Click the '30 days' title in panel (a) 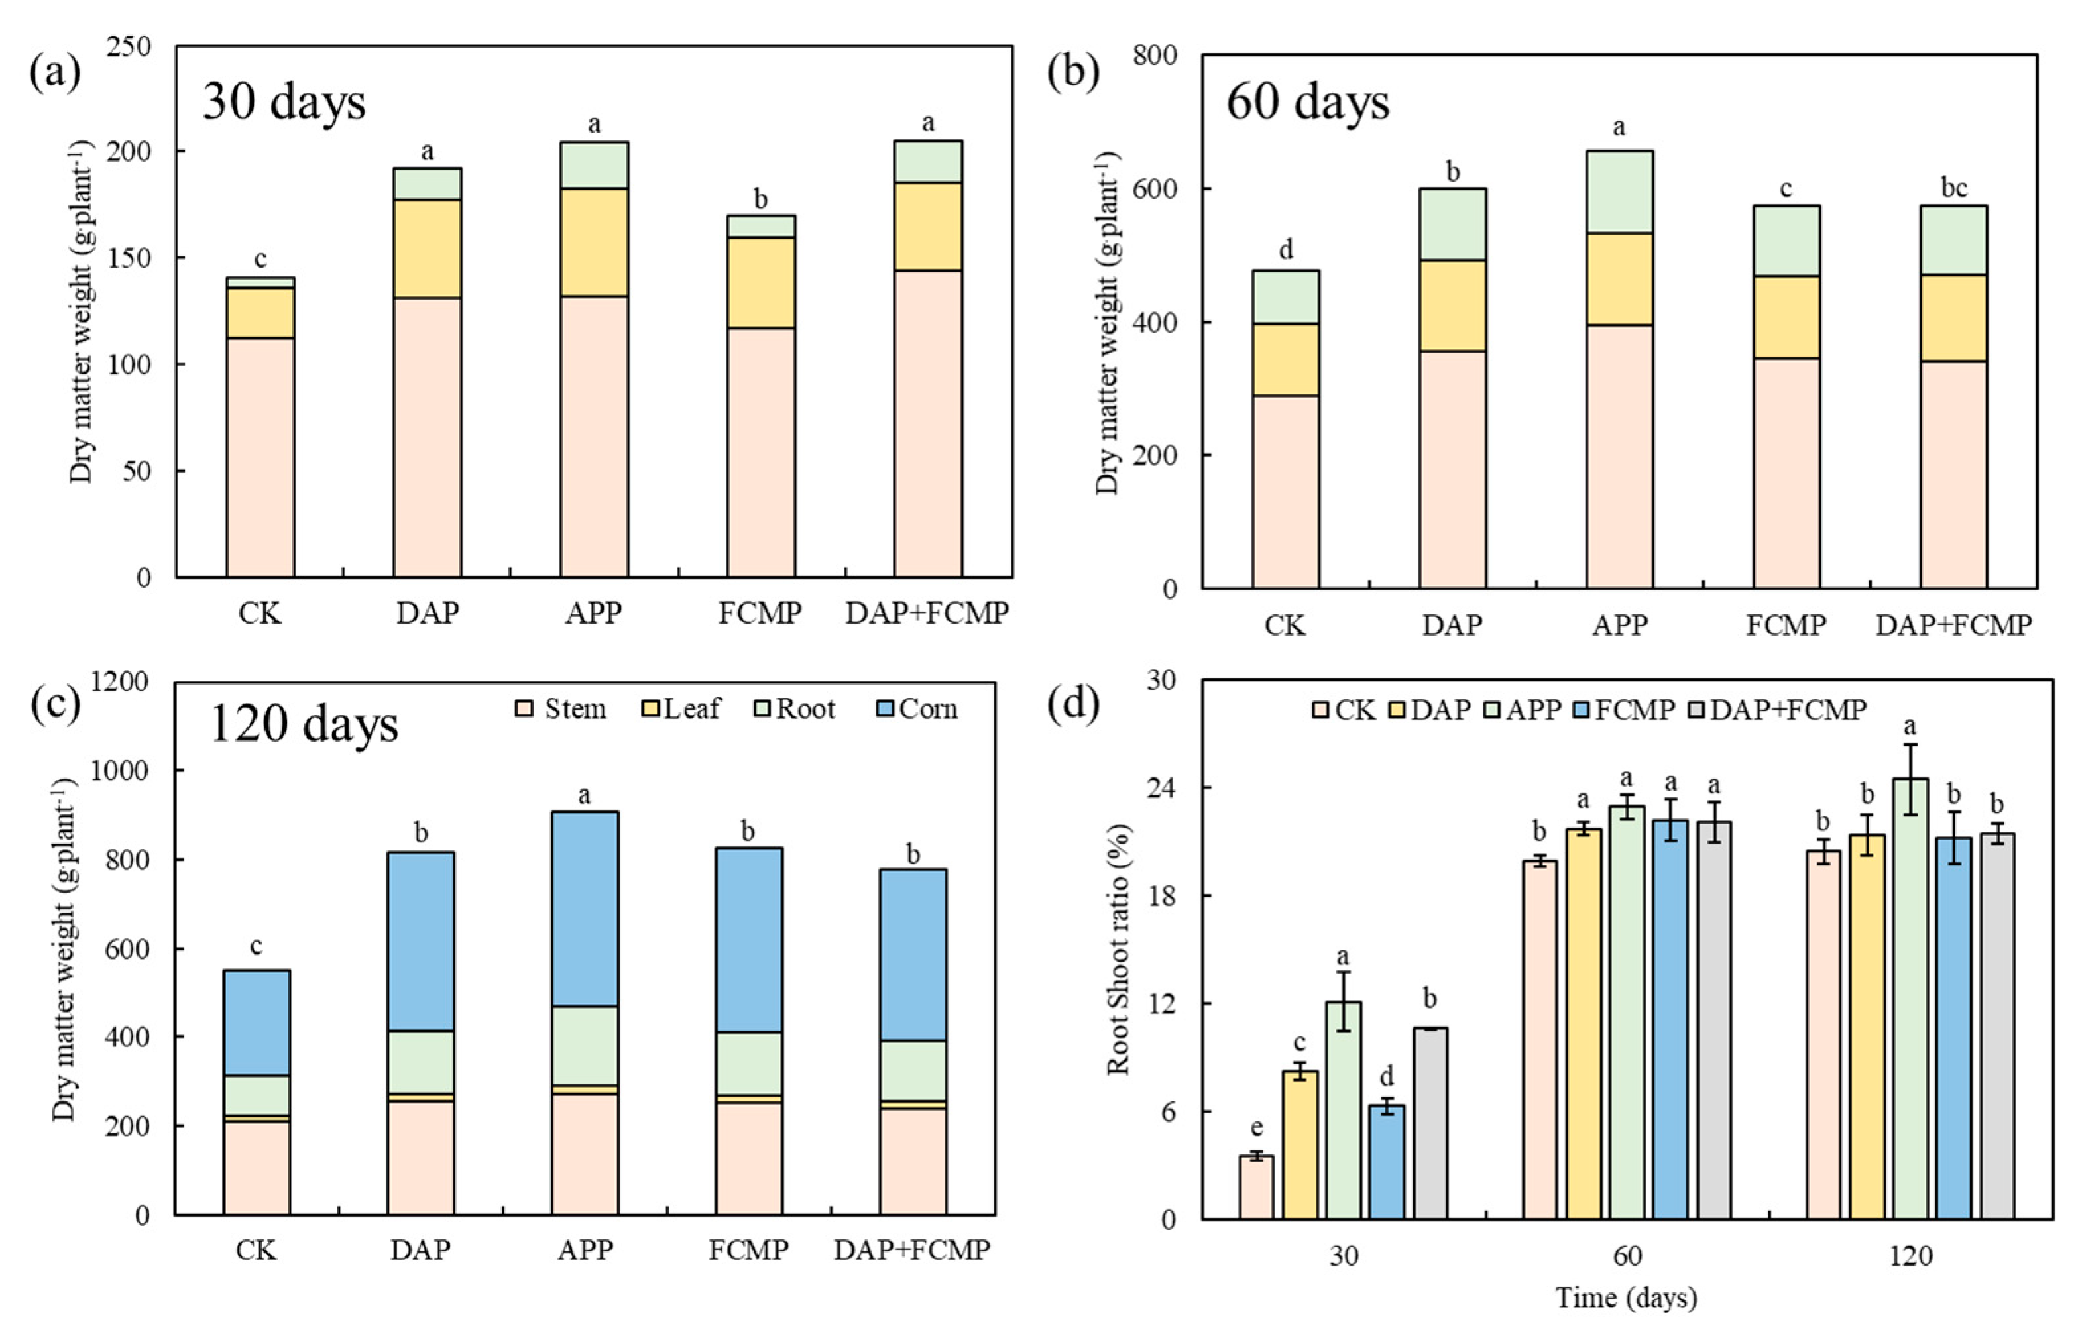(x=284, y=103)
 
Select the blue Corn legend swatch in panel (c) (x=885, y=708)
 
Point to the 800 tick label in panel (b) (x=1155, y=55)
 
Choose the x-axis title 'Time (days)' (x=1626, y=1298)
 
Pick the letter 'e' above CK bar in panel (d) (x=1255, y=1129)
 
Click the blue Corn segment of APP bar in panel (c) (x=585, y=909)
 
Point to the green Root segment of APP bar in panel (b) (x=1619, y=192)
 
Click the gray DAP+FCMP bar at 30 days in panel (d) (x=1430, y=1123)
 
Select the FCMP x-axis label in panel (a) (x=760, y=614)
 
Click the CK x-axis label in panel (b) (x=1285, y=625)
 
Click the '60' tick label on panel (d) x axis (x=1626, y=1256)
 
